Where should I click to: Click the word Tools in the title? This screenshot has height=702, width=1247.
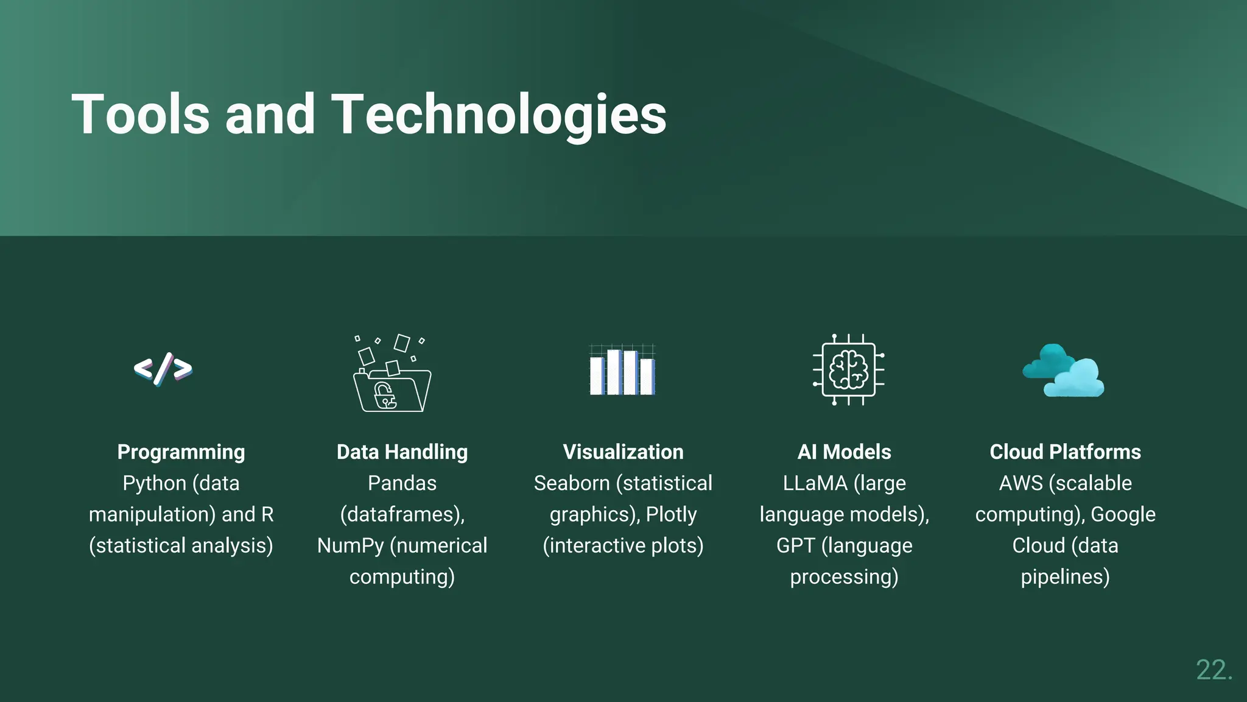141,114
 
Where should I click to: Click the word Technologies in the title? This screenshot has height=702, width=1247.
499,114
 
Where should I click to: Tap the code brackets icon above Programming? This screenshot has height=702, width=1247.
163,369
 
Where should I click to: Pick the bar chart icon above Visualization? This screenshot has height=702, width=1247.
622,370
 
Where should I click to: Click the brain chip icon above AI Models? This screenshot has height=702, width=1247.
848,370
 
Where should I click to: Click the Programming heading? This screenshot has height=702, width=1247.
181,452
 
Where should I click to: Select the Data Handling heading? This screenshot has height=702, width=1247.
402,452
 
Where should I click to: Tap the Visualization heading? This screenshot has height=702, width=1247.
623,452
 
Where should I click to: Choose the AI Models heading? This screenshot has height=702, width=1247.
844,452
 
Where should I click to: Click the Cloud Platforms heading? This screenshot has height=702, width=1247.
1065,452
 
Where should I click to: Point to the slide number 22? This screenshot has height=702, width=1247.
1214,670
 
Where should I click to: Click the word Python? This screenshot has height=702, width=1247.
154,484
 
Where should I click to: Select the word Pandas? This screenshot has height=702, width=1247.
402,484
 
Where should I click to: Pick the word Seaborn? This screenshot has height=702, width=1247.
571,484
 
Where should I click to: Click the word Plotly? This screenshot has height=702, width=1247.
671,515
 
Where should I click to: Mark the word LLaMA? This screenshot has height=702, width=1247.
815,484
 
